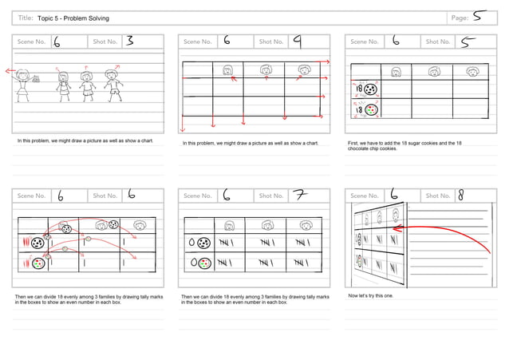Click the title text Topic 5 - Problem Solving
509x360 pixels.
point(73,18)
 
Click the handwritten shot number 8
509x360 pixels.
point(461,194)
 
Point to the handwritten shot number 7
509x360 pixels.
point(298,194)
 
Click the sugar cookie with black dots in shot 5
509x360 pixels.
point(371,90)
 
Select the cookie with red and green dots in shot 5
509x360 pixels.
point(371,111)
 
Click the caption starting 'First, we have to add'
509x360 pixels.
point(404,145)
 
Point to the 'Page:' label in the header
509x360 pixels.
point(460,18)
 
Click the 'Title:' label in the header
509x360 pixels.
point(26,18)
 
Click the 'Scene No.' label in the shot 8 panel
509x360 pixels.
point(365,195)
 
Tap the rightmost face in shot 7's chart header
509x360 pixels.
point(304,227)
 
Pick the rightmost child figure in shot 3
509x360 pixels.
point(115,83)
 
